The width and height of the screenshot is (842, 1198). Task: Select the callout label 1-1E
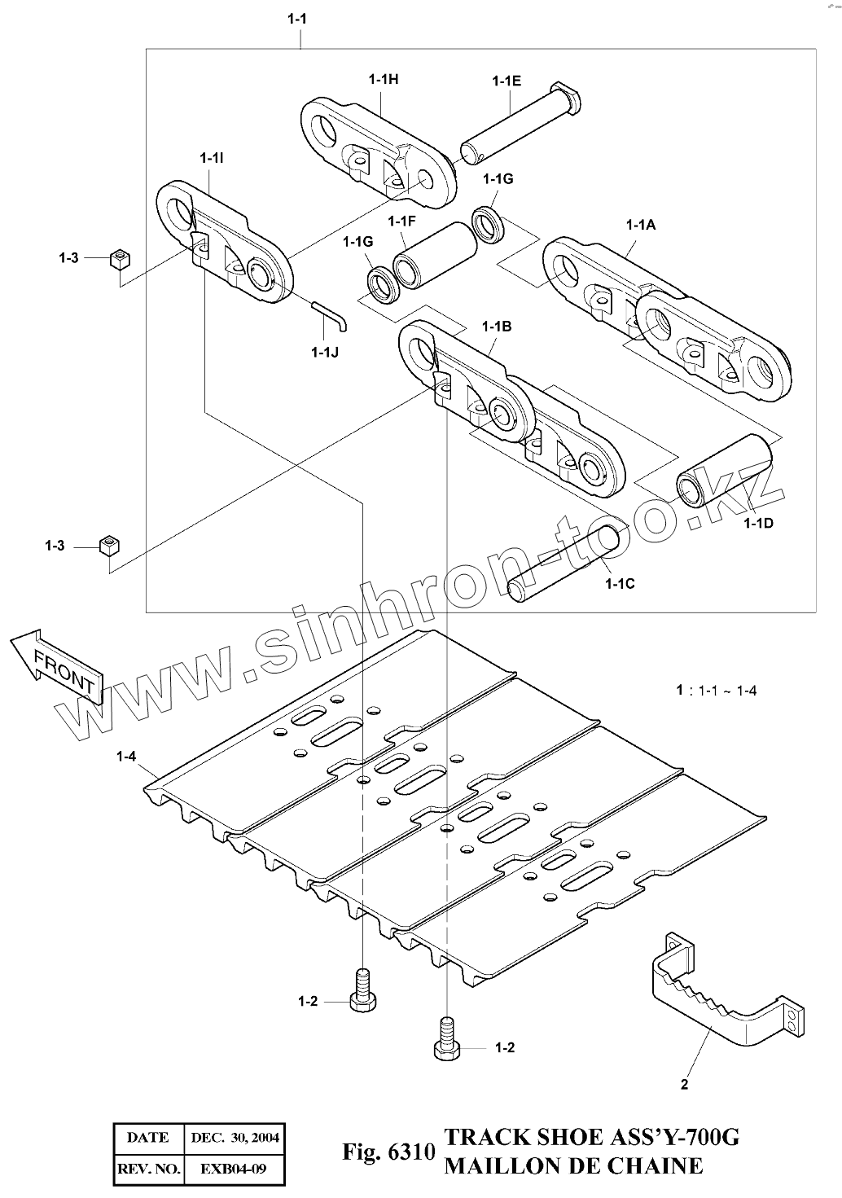click(x=507, y=81)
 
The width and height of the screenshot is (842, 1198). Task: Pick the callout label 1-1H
click(x=383, y=79)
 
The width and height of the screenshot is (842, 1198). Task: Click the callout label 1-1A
click(x=641, y=225)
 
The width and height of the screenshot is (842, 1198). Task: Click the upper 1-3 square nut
click(x=120, y=260)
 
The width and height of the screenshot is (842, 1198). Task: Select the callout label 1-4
click(x=125, y=757)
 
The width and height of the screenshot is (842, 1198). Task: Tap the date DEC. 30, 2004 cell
click(x=235, y=1138)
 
